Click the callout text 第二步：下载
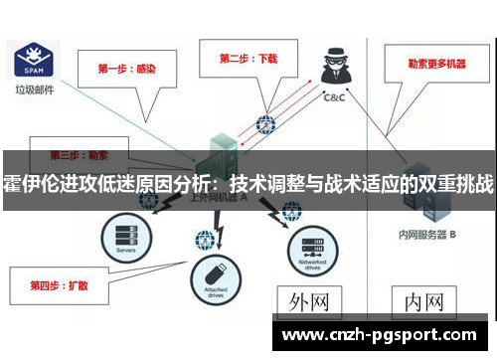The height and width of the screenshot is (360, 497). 248,58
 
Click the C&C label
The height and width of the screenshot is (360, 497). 333,98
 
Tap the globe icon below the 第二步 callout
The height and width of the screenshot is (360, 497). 265,125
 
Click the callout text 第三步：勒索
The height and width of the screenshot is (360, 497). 81,156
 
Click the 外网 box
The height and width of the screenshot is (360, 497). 309,301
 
